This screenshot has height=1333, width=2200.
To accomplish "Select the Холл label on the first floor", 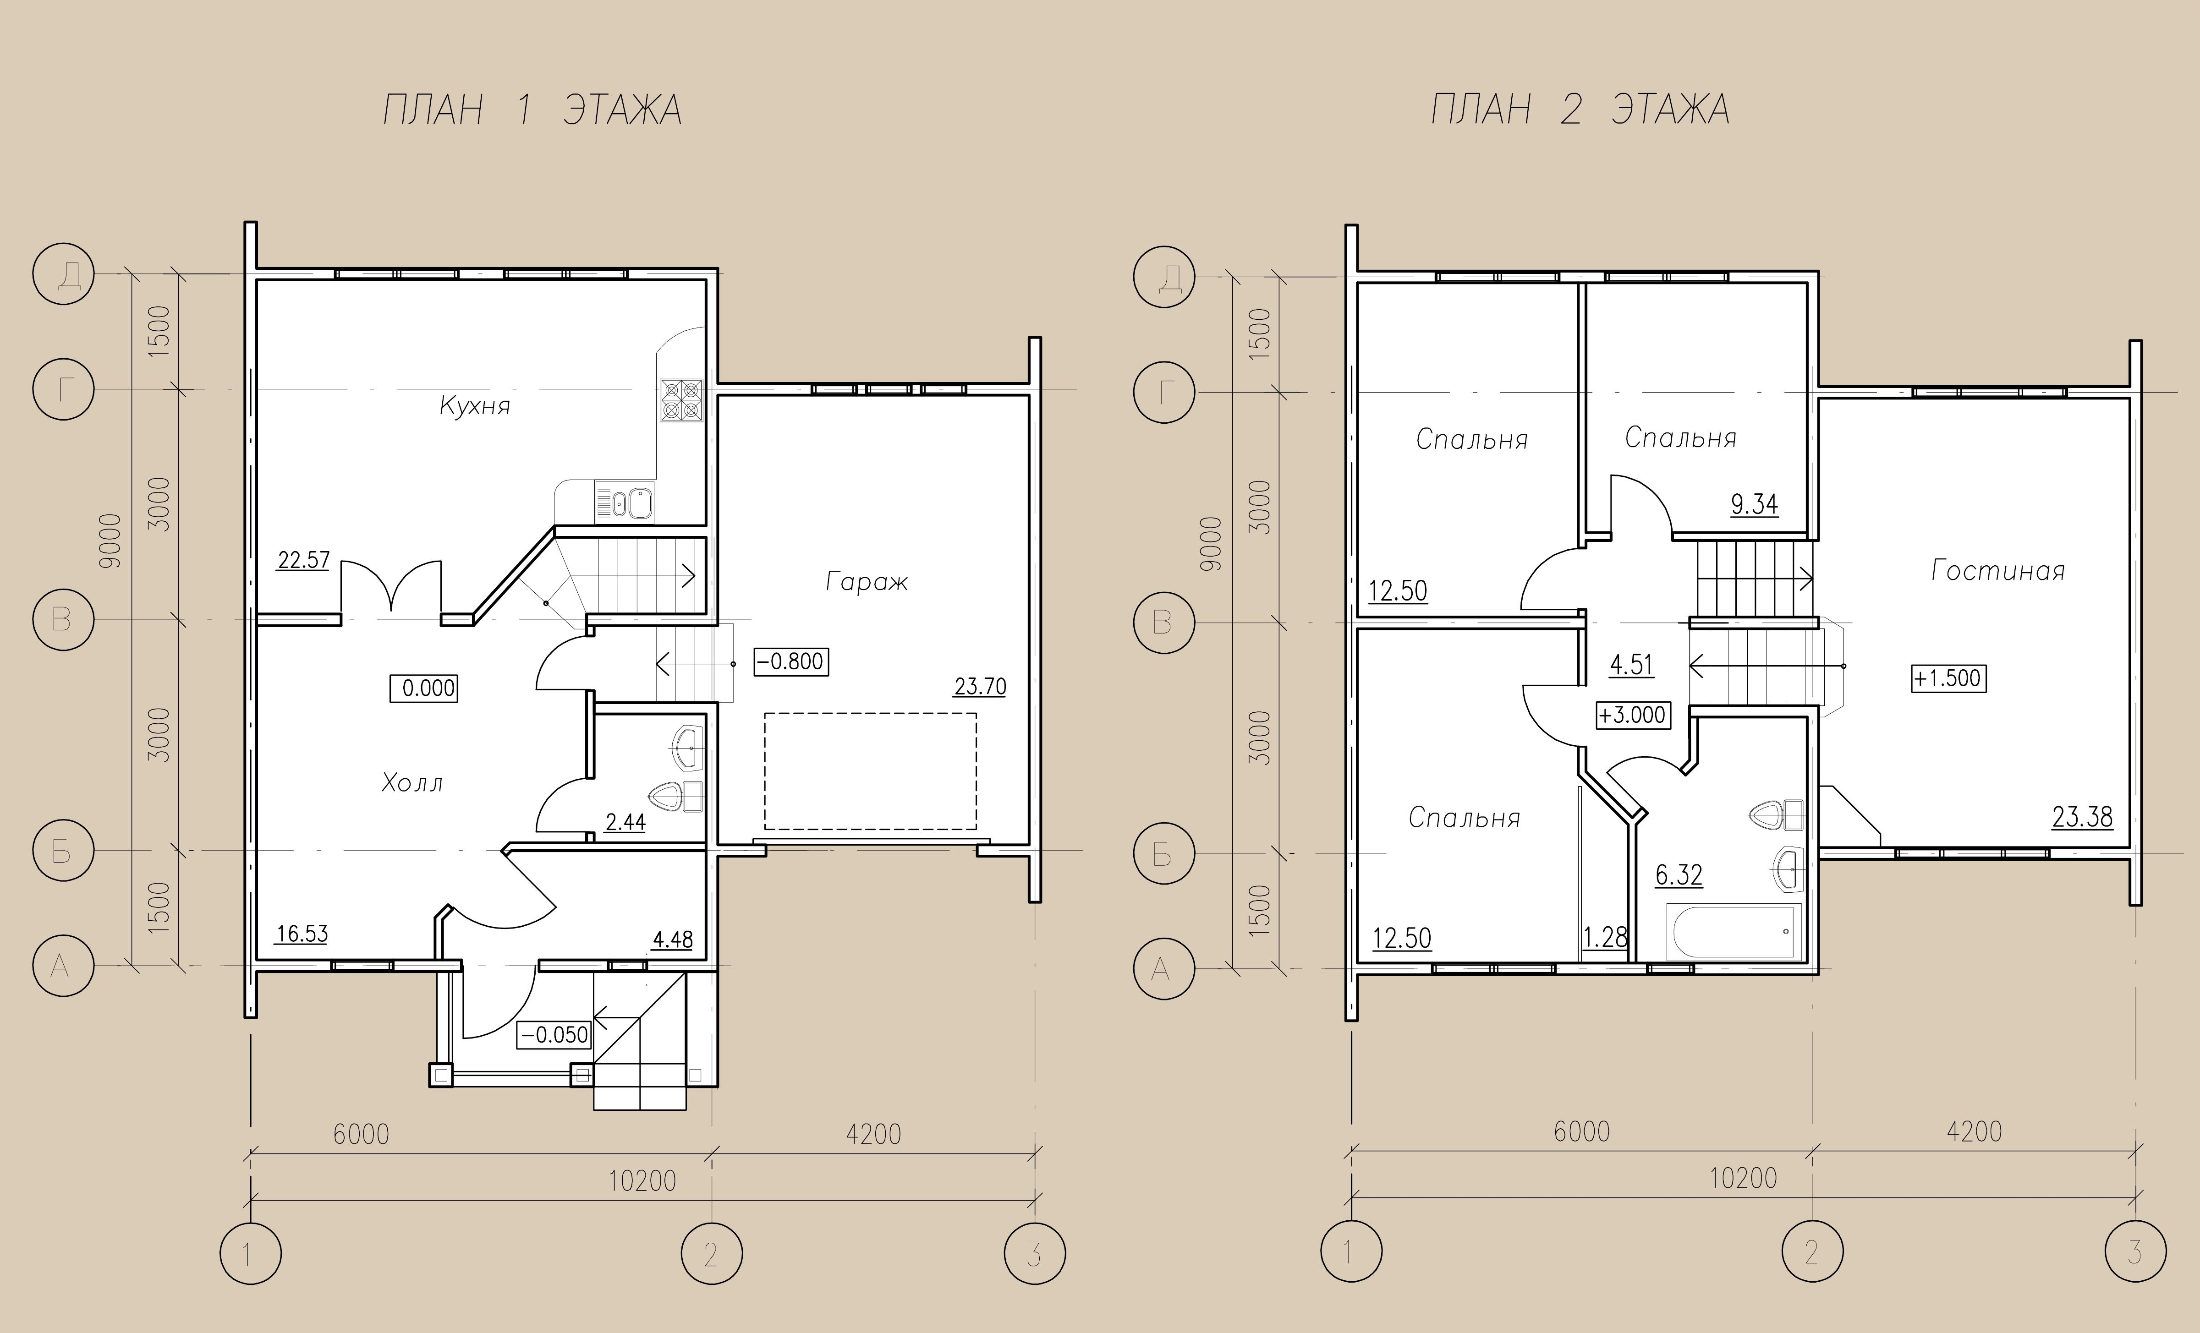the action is pyautogui.click(x=411, y=783).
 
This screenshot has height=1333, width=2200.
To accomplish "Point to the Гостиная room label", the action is pyautogui.click(x=1998, y=570).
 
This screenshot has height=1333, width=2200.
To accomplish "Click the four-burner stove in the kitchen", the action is pyautogui.click(x=681, y=400).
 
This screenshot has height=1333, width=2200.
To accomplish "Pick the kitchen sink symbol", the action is pyautogui.click(x=625, y=502).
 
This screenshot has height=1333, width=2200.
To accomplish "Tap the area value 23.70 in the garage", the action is pyautogui.click(x=979, y=687).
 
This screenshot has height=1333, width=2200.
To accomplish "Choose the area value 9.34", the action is pyautogui.click(x=1755, y=504).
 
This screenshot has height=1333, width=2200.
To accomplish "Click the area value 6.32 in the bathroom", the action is pyautogui.click(x=1679, y=875).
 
